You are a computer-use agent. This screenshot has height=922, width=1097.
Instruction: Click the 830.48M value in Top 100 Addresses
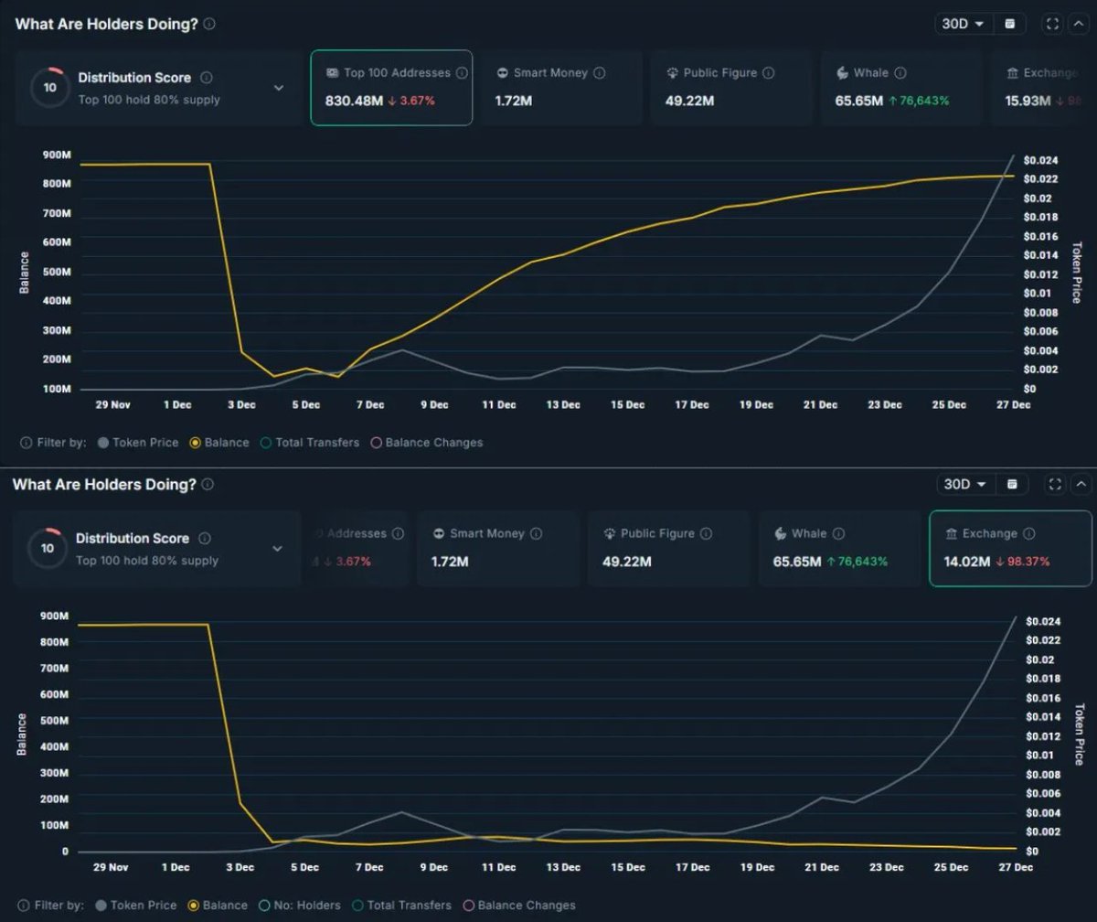coord(354,101)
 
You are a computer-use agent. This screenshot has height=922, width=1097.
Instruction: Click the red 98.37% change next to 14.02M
coord(1023,561)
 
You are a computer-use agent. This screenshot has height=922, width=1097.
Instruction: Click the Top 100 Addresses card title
coord(397,73)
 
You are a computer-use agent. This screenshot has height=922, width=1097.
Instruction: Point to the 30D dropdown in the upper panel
coord(963,24)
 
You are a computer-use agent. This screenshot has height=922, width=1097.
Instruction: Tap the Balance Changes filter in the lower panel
coord(526,906)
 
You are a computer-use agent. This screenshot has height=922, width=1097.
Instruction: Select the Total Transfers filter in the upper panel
coord(317,443)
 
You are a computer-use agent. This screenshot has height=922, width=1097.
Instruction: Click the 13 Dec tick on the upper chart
coord(563,404)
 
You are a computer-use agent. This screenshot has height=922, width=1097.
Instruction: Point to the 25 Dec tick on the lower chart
coord(951,867)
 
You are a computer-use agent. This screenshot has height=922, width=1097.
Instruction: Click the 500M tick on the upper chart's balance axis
coord(56,273)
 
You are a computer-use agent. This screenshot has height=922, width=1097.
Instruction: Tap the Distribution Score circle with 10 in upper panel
coord(50,88)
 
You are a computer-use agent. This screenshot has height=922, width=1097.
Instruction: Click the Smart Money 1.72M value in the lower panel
coord(449,561)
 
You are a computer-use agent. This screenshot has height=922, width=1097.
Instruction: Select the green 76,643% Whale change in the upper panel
coord(919,101)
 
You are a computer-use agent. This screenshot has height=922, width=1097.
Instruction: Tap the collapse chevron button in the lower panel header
coord(1081,484)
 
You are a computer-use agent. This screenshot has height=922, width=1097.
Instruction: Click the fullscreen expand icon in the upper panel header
coord(1052,24)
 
